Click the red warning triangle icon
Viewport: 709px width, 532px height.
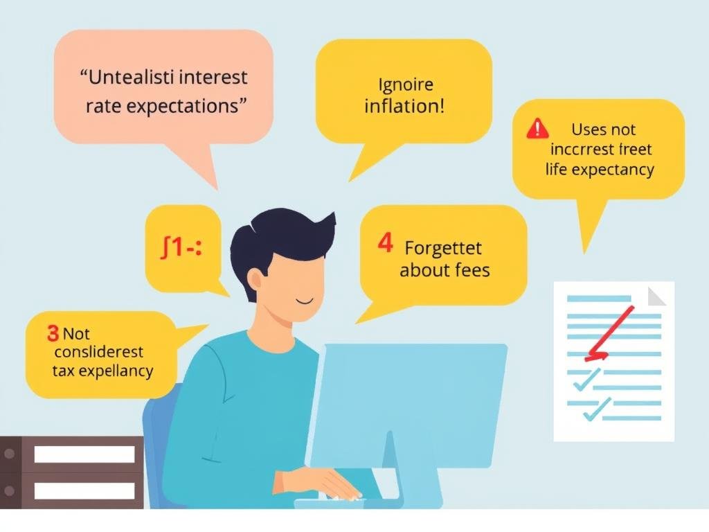[x=537, y=129]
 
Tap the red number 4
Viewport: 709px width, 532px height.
[x=386, y=244]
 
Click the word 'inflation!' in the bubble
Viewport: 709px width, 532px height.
[x=404, y=107]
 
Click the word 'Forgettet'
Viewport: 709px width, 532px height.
[x=442, y=247]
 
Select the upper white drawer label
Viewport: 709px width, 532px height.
[x=84, y=454]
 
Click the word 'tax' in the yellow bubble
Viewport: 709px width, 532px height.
[x=64, y=371]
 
